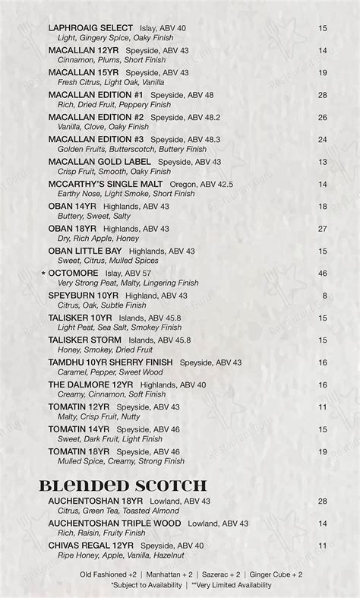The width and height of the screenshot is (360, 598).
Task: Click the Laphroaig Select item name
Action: pyautogui.click(x=90, y=28)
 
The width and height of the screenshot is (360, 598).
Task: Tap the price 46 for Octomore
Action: pyautogui.click(x=322, y=273)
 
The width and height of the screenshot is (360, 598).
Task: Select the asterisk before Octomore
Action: pyautogui.click(x=44, y=273)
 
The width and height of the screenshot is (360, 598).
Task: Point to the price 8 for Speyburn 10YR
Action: pyautogui.click(x=324, y=296)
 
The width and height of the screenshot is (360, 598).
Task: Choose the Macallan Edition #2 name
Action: pyautogui.click(x=96, y=117)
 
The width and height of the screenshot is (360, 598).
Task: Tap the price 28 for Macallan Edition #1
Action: pyautogui.click(x=322, y=95)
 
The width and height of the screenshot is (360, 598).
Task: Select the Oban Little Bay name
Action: pyautogui.click(x=85, y=251)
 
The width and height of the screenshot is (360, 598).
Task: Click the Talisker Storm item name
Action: pyautogui.click(x=85, y=340)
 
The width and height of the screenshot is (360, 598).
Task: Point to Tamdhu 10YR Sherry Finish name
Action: pyautogui.click(x=110, y=362)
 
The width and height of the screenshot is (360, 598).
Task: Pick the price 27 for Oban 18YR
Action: pyautogui.click(x=322, y=229)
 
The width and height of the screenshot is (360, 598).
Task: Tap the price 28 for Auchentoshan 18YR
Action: pyautogui.click(x=322, y=501)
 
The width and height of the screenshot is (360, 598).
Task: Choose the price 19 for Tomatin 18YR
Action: pyautogui.click(x=322, y=451)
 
